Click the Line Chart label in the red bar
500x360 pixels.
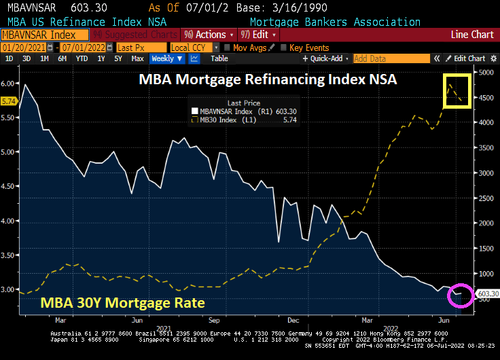tap(472, 35)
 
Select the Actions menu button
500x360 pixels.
tap(208, 35)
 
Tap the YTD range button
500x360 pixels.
tap(82, 59)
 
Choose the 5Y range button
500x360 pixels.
tap(118, 59)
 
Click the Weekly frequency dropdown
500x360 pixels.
tap(167, 59)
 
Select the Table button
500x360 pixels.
tap(219, 59)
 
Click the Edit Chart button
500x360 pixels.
tap(465, 59)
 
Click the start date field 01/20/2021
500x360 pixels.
tap(29, 48)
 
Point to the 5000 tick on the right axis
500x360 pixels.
tap(484, 72)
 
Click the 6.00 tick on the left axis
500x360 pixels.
tap(8, 83)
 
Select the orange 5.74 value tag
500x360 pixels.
tap(9, 101)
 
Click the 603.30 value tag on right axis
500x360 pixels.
tap(488, 293)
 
